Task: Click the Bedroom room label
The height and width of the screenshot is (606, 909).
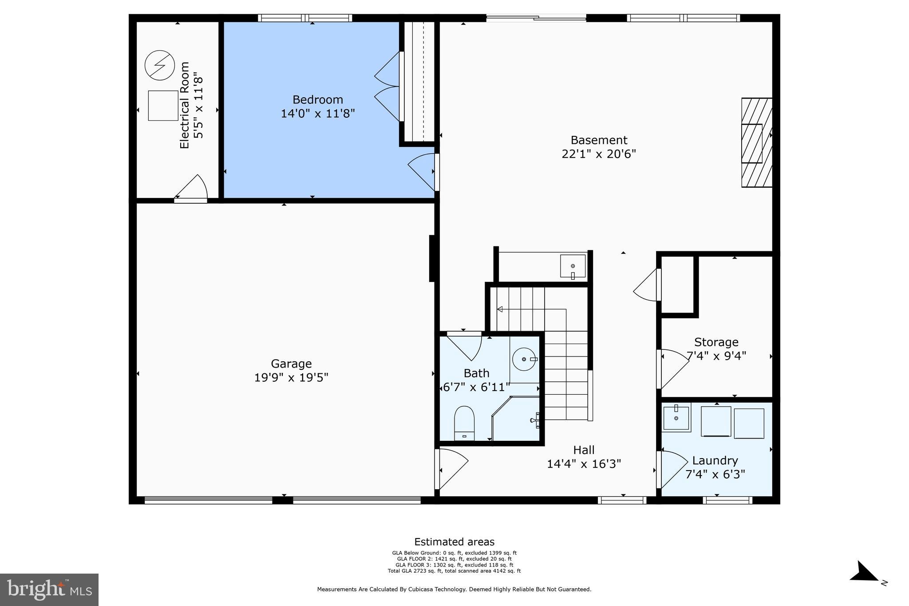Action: (317, 99)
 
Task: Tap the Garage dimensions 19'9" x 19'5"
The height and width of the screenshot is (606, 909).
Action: (291, 377)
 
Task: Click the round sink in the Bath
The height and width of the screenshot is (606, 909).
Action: (524, 359)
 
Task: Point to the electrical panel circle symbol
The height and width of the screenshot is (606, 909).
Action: (160, 65)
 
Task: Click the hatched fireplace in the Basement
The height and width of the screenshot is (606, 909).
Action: (757, 143)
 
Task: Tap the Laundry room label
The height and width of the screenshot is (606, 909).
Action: (715, 460)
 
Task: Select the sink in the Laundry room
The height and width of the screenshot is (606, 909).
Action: (676, 418)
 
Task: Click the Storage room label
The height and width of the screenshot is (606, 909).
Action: (716, 342)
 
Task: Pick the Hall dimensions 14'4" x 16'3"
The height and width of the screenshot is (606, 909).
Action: (584, 464)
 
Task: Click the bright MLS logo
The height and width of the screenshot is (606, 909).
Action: (49, 590)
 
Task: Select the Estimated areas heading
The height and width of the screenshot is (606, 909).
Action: (454, 542)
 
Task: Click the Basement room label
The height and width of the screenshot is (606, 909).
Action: (599, 140)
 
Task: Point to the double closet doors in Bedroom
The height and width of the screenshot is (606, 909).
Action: (388, 87)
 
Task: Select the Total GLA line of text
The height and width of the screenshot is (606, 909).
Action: (454, 571)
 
